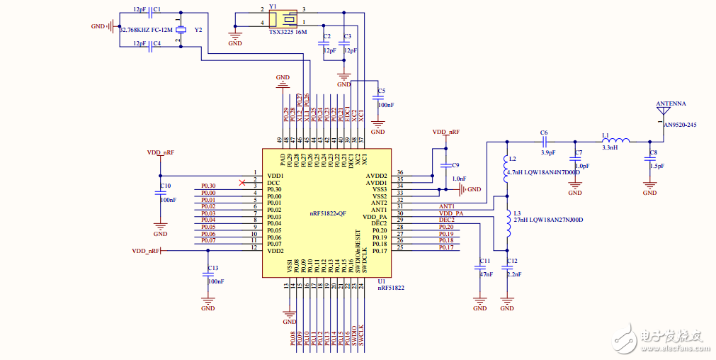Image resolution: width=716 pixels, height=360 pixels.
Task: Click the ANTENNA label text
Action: (x=671, y=103)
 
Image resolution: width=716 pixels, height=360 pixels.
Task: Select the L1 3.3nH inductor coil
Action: (x=620, y=140)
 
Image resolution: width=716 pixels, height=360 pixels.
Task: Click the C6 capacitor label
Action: (x=544, y=133)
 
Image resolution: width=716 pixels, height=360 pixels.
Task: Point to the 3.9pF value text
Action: (x=547, y=152)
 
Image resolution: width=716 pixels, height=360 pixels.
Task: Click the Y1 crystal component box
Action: (x=280, y=19)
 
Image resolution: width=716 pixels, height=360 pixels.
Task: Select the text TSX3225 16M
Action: (x=288, y=32)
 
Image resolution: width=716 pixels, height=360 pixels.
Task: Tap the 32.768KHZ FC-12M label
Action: (x=147, y=30)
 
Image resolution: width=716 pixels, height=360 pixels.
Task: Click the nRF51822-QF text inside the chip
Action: (x=327, y=213)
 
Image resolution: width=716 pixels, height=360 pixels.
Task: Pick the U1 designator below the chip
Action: (x=381, y=281)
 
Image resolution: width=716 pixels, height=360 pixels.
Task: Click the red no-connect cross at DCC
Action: (x=242, y=183)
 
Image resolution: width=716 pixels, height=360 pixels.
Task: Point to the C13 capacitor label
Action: (x=213, y=268)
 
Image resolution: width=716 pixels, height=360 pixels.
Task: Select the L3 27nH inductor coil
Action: (x=506, y=225)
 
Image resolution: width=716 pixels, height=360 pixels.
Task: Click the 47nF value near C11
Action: (x=486, y=274)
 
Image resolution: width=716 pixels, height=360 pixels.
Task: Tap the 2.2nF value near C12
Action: (x=514, y=274)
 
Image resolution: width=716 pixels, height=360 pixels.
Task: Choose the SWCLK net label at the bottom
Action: (x=360, y=335)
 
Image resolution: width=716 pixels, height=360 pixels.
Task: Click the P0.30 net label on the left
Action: (x=208, y=186)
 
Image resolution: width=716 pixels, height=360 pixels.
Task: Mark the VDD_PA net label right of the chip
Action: (x=452, y=213)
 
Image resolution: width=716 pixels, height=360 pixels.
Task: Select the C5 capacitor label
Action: (x=381, y=91)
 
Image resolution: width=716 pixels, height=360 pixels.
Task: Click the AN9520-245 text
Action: (x=680, y=125)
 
